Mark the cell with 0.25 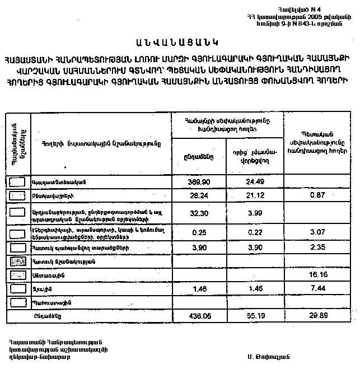[x=200, y=232]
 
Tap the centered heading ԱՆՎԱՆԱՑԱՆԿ [x=180, y=42]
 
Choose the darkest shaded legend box [x=18, y=261]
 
